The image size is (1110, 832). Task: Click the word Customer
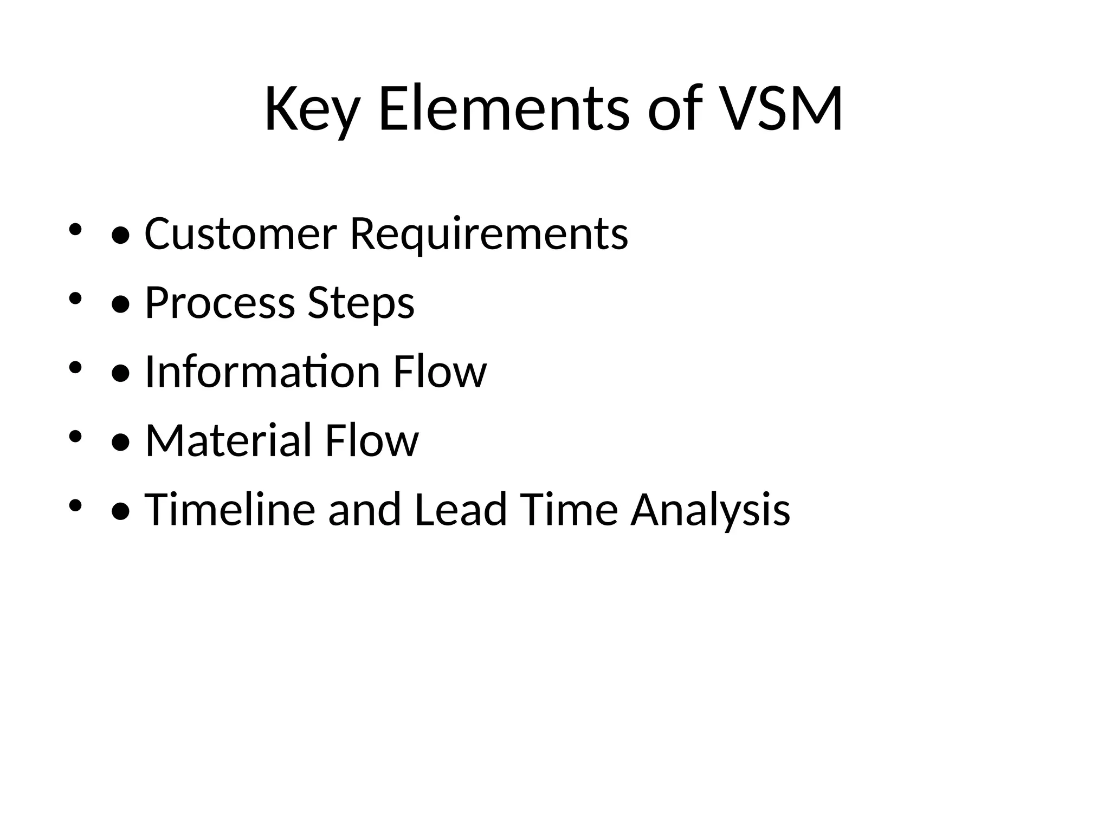pos(241,233)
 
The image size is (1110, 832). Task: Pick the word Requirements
pos(489,235)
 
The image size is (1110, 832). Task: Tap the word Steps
pos(361,303)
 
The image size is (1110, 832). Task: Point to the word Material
pos(228,440)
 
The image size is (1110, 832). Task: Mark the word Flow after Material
pos(371,440)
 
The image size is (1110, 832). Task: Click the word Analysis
pos(710,510)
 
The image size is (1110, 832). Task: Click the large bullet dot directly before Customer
pos(120,236)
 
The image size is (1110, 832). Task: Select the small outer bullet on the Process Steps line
pos(75,297)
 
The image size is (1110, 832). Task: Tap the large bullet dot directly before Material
pos(120,443)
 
